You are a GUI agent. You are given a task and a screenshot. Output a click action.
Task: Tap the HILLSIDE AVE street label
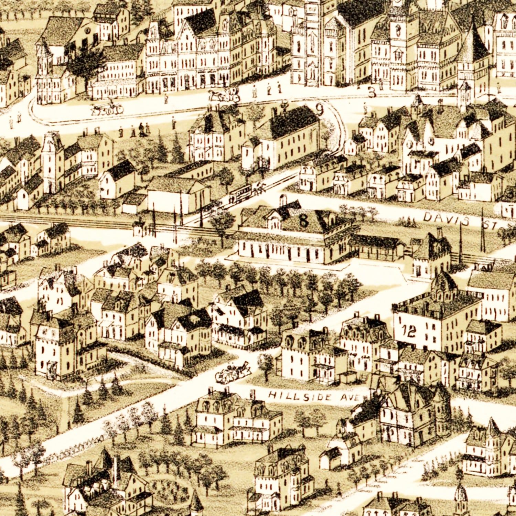tap(313, 397)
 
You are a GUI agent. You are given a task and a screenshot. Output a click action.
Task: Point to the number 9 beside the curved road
tap(320, 110)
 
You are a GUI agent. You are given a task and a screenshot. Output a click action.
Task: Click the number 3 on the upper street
tap(372, 92)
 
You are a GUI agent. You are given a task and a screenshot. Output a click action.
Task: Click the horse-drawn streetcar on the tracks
tap(241, 194)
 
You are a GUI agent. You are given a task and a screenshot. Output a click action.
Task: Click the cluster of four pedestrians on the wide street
tap(143, 130)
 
